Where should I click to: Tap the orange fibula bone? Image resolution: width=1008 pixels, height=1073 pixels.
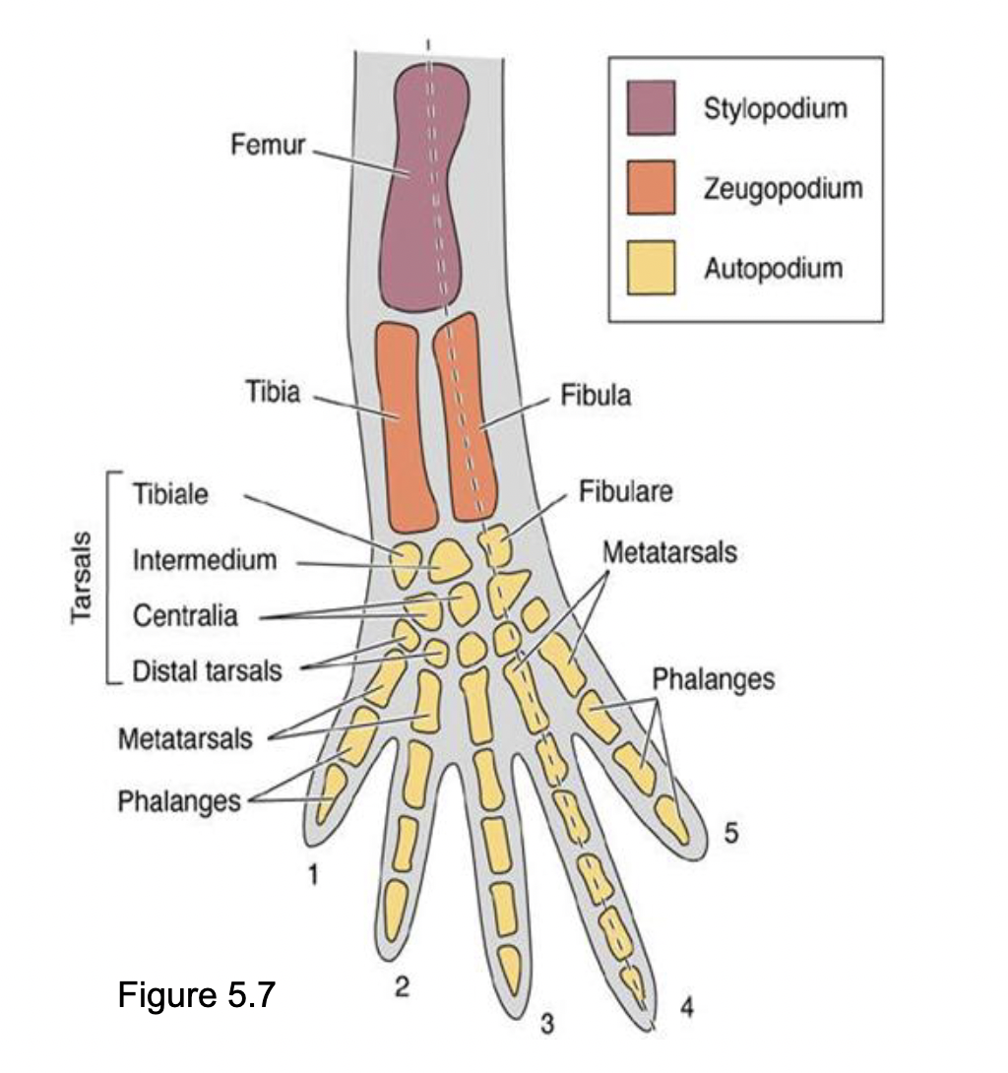pos(468,418)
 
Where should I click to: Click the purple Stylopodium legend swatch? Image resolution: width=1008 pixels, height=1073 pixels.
pos(651,107)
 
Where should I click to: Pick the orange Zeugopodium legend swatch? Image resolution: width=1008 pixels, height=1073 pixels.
pos(651,187)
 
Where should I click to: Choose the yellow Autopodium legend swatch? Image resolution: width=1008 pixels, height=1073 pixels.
pos(651,267)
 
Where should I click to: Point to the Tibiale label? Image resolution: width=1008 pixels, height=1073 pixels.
pos(170,494)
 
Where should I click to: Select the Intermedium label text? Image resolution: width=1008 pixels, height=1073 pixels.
pos(205,561)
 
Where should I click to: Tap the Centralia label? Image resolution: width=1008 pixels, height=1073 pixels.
pos(185,617)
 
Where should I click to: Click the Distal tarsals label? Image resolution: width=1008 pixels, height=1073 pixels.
pos(208,672)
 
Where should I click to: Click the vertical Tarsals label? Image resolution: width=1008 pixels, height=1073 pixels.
pos(83,579)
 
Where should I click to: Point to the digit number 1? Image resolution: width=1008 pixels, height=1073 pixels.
pos(312,873)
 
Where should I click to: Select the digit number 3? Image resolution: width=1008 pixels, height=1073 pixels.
pos(547,1025)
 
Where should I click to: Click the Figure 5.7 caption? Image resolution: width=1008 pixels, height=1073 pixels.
pos(196,995)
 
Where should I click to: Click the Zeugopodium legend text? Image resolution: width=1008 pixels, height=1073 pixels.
pos(783,187)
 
